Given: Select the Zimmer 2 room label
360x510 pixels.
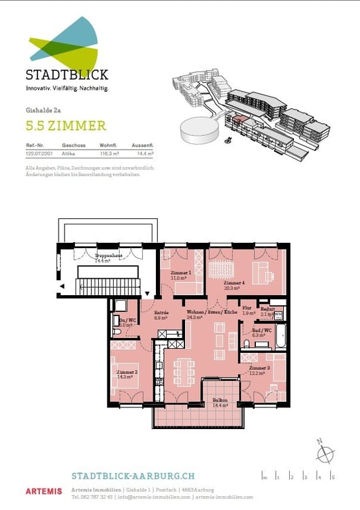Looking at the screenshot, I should point(127,373).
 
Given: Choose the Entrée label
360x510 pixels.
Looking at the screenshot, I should point(161,313).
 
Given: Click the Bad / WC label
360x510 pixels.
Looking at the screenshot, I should point(262,330).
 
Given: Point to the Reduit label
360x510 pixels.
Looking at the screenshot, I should point(267,310).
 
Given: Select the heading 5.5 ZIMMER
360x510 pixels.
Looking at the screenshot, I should point(66,125).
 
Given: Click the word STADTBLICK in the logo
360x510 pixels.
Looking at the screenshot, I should point(67,75).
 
